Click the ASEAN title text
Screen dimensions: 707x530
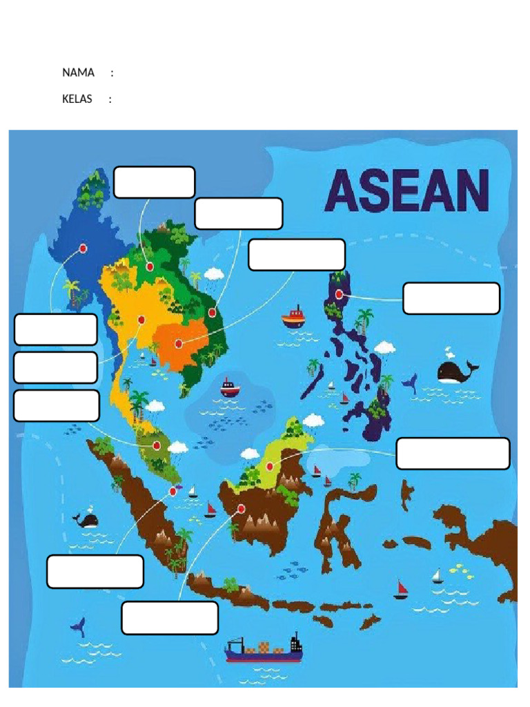point(406,191)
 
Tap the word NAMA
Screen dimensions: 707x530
point(78,72)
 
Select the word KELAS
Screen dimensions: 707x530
point(77,99)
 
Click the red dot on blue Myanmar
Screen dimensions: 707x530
point(83,248)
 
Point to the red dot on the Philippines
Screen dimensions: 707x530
point(340,294)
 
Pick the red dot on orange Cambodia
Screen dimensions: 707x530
point(179,342)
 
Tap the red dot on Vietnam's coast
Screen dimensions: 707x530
point(212,312)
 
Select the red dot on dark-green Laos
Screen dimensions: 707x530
point(150,267)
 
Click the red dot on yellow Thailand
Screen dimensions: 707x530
point(141,320)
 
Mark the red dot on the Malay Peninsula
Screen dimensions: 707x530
point(157,445)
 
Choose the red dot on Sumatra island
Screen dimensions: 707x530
point(173,491)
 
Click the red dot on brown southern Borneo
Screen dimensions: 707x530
point(241,509)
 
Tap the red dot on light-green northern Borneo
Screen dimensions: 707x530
point(270,466)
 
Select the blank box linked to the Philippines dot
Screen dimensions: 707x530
point(451,298)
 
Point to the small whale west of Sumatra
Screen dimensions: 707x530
point(87,520)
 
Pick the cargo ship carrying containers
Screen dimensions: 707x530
point(264,649)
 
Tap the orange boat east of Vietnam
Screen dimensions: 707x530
point(293,317)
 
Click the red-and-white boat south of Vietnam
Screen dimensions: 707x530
point(230,388)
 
